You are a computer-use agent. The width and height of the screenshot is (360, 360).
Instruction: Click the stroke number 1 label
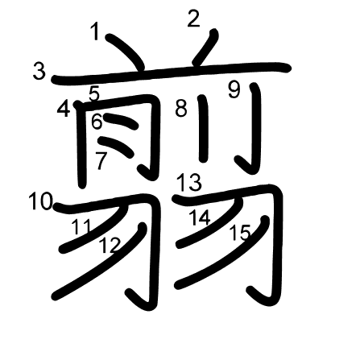coord(94,31)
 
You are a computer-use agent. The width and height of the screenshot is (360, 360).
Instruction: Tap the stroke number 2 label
coord(194,19)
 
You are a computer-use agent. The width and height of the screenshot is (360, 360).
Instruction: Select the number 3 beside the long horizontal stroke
coord(39,71)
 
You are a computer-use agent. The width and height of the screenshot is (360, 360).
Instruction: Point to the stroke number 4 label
coord(64,108)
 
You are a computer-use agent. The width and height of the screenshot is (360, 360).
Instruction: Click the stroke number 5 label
coord(94,93)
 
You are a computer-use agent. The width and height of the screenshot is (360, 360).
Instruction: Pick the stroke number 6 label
coord(97,122)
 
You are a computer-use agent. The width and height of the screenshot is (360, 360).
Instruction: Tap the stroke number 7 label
coord(101,160)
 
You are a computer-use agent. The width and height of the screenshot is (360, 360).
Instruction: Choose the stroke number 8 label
coord(181,108)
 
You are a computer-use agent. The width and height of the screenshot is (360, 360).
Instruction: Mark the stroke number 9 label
coord(234,90)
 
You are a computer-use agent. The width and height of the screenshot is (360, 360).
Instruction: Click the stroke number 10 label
coord(41,201)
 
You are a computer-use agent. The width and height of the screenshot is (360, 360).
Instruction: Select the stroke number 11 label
coord(81,227)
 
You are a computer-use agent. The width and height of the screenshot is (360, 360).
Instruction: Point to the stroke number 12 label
coord(110,245)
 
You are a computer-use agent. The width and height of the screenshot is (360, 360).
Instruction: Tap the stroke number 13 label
coord(189,182)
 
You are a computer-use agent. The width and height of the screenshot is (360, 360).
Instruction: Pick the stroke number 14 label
coord(200,217)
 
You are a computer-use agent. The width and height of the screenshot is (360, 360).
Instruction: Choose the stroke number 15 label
coord(240,233)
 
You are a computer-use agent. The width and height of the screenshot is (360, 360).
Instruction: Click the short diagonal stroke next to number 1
coord(126,52)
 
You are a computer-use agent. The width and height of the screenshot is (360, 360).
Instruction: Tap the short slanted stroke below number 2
coord(205,48)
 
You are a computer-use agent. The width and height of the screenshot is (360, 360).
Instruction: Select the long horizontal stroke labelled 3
coord(172,72)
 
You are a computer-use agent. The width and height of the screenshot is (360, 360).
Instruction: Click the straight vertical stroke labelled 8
coord(203,129)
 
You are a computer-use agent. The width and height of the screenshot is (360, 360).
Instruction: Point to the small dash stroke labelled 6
coord(121,121)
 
